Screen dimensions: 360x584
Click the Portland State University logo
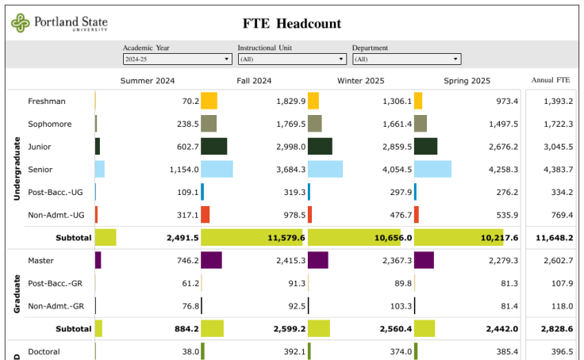pyautogui.click(x=59, y=23)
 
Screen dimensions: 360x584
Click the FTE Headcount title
pyautogui.click(x=291, y=24)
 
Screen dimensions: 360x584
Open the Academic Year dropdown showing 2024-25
pyautogui.click(x=177, y=59)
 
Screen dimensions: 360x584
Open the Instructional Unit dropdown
pyautogui.click(x=292, y=59)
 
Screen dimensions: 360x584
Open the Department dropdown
pyautogui.click(x=406, y=59)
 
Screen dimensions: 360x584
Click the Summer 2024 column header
pyautogui.click(x=148, y=81)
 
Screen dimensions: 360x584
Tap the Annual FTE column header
pyautogui.click(x=551, y=80)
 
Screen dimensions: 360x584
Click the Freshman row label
pyautogui.click(x=47, y=101)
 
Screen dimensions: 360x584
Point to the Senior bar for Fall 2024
pyautogui.click(x=217, y=170)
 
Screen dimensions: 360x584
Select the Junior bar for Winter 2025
pyautogui.click(x=320, y=147)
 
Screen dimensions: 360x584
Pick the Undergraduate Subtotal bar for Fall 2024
pyautogui.click(x=252, y=238)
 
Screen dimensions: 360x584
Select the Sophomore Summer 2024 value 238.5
pyautogui.click(x=186, y=124)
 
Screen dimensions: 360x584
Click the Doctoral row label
pyautogui.click(x=44, y=351)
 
